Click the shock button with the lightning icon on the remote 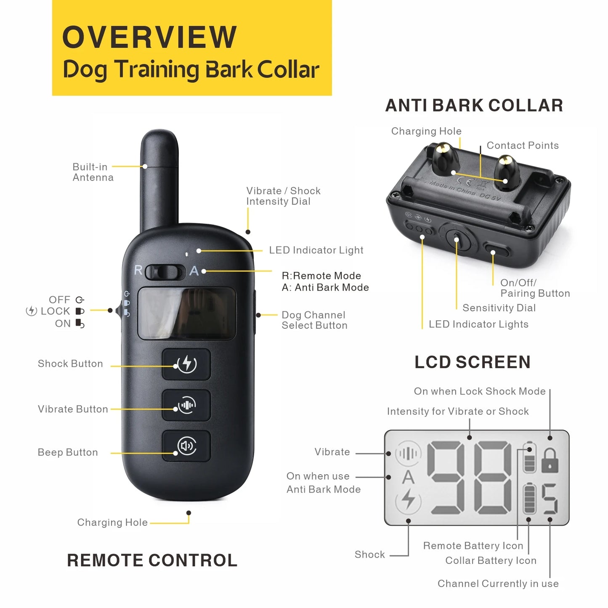(186, 364)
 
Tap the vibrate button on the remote (186, 405)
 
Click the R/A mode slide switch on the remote (165, 272)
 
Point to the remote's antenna (159, 177)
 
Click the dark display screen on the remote (187, 313)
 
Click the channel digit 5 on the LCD (550, 499)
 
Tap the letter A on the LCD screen (408, 477)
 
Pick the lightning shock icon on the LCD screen (408, 500)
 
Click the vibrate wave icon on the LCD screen (408, 453)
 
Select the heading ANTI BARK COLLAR (474, 105)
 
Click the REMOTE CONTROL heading (152, 560)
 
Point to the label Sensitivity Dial (499, 308)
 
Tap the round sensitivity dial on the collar (457, 238)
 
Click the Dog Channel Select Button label (314, 320)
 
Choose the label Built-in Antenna (93, 172)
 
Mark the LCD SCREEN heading (473, 362)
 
